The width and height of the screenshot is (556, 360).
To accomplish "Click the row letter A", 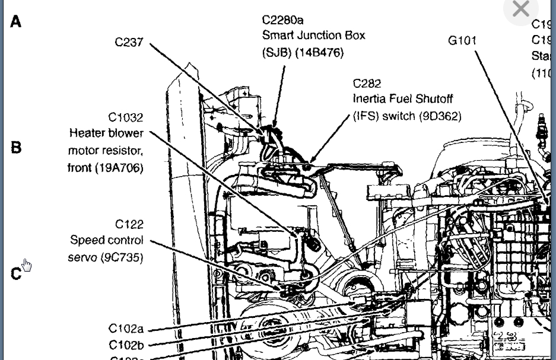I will coord(15,22).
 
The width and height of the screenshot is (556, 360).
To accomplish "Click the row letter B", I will coord(16,147).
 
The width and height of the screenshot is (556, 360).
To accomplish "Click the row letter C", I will coord(16,274).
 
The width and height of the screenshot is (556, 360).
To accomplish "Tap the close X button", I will coord(520,9).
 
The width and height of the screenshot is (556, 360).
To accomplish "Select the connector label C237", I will coord(129,43).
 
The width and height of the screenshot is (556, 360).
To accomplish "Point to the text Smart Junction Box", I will coord(313,36).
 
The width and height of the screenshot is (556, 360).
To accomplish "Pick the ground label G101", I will coord(462,41).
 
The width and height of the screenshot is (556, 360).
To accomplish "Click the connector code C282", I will coord(367,84).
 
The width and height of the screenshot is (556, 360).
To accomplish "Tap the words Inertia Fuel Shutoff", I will coord(402,99).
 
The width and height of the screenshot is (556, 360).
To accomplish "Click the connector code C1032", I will coord(125,117).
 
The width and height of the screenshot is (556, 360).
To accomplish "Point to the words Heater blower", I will coord(106,133).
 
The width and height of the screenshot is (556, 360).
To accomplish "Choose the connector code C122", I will coord(129,224).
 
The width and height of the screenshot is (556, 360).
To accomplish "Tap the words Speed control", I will coord(107,241).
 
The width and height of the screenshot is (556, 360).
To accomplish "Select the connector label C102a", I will coord(126,329).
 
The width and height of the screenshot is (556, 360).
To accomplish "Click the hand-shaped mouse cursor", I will coord(27,265).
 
